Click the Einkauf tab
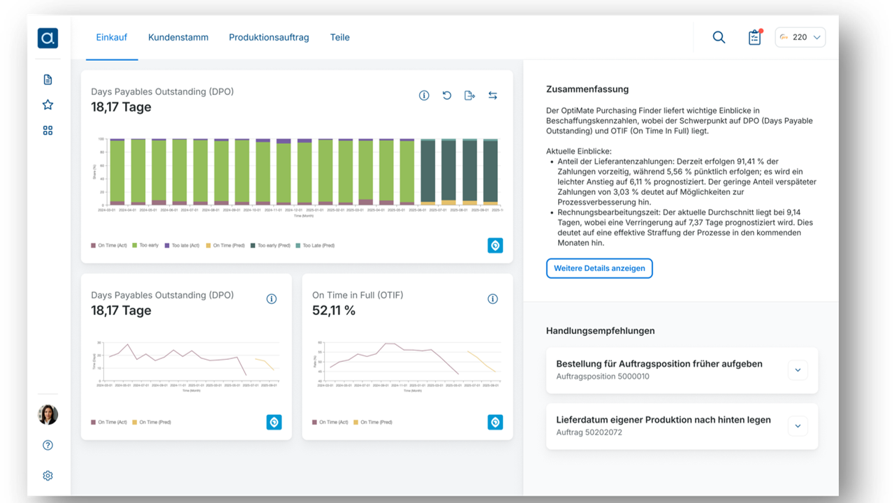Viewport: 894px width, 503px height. coord(111,37)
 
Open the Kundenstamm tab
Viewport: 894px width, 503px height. coord(178,37)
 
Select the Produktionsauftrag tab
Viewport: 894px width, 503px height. coord(269,37)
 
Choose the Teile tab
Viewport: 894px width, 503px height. coord(340,37)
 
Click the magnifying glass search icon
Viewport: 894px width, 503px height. coord(719,38)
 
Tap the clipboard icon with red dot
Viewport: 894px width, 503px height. coord(754,38)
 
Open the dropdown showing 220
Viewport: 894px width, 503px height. coord(800,38)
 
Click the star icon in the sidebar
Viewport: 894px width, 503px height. coord(47,105)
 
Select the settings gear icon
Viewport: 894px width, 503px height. coord(47,476)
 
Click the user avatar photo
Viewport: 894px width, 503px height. coord(47,415)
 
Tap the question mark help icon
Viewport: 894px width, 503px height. coord(47,446)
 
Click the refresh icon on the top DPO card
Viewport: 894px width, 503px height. coord(447,96)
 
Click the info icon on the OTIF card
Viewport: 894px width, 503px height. coord(492,299)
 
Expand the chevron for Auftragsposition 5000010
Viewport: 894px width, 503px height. coord(798,370)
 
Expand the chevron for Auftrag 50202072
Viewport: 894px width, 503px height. coord(798,426)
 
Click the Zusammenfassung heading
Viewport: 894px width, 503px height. coord(587,89)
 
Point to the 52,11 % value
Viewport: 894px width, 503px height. coord(334,310)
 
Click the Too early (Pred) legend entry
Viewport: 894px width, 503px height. coord(273,246)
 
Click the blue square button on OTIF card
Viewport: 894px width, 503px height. coord(495,422)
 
